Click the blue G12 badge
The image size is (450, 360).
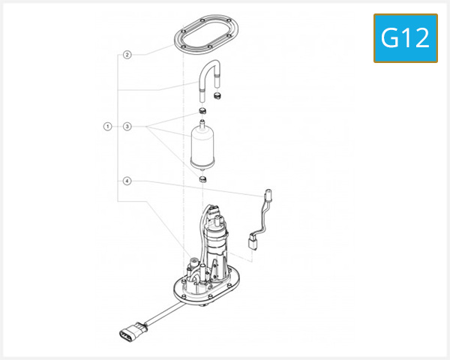pos(405,37)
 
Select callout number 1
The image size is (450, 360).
pos(108,127)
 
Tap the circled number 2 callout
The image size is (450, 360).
pos(127,55)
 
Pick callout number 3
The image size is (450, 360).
pos(127,127)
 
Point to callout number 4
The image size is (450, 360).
pos(127,181)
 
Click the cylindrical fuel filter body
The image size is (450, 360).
pos(204,148)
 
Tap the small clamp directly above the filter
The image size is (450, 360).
pos(203,112)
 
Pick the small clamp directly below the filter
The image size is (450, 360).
pos(203,180)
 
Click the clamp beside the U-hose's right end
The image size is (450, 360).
pos(220,97)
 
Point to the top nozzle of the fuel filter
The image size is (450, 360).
pos(203,121)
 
